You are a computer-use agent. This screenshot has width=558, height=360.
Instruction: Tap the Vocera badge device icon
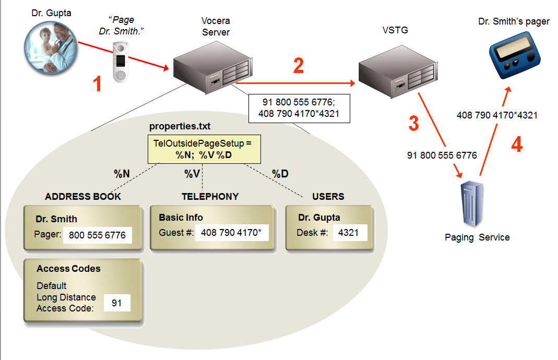pyautogui.click(x=121, y=63)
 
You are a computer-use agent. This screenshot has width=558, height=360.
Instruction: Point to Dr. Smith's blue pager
pyautogui.click(x=513, y=54)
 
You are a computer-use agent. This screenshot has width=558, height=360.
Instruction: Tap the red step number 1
pyautogui.click(x=97, y=85)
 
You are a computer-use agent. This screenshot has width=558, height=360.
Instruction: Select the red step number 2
pyautogui.click(x=299, y=66)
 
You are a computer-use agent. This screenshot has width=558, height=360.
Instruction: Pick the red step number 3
pyautogui.click(x=413, y=124)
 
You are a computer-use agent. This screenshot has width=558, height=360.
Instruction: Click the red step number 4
pyautogui.click(x=516, y=145)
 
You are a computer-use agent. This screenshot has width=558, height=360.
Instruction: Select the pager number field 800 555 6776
pyautogui.click(x=97, y=235)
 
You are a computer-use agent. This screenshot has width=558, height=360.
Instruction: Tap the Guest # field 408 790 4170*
pyautogui.click(x=232, y=232)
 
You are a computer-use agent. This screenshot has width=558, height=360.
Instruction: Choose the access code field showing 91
pyautogui.click(x=117, y=303)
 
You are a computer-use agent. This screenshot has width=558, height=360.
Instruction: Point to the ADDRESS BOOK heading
pyautogui.click(x=83, y=197)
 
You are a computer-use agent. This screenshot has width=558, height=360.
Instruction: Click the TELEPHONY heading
pyautogui.click(x=210, y=197)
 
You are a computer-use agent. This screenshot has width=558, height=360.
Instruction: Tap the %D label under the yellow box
pyautogui.click(x=280, y=174)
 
